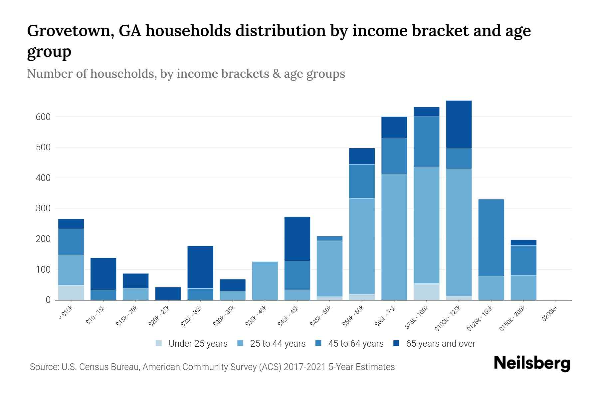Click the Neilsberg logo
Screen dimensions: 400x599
point(532,364)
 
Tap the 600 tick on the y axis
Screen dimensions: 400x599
point(43,117)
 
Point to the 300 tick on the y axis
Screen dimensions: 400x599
point(43,209)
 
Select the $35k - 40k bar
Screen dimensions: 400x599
point(265,281)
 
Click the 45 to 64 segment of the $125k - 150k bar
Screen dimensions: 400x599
point(491,237)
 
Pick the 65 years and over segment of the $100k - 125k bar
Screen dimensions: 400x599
point(459,124)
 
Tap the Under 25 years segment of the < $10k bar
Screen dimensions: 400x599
point(71,292)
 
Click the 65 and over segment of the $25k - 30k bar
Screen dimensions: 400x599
point(200,267)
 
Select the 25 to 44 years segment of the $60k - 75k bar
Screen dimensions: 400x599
point(394,237)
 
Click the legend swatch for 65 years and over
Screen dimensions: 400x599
point(397,343)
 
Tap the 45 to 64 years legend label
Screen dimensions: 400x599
point(355,344)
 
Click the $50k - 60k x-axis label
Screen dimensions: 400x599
point(354,316)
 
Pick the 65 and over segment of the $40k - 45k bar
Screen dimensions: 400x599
point(297,239)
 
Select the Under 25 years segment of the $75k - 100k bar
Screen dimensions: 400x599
point(426,292)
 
